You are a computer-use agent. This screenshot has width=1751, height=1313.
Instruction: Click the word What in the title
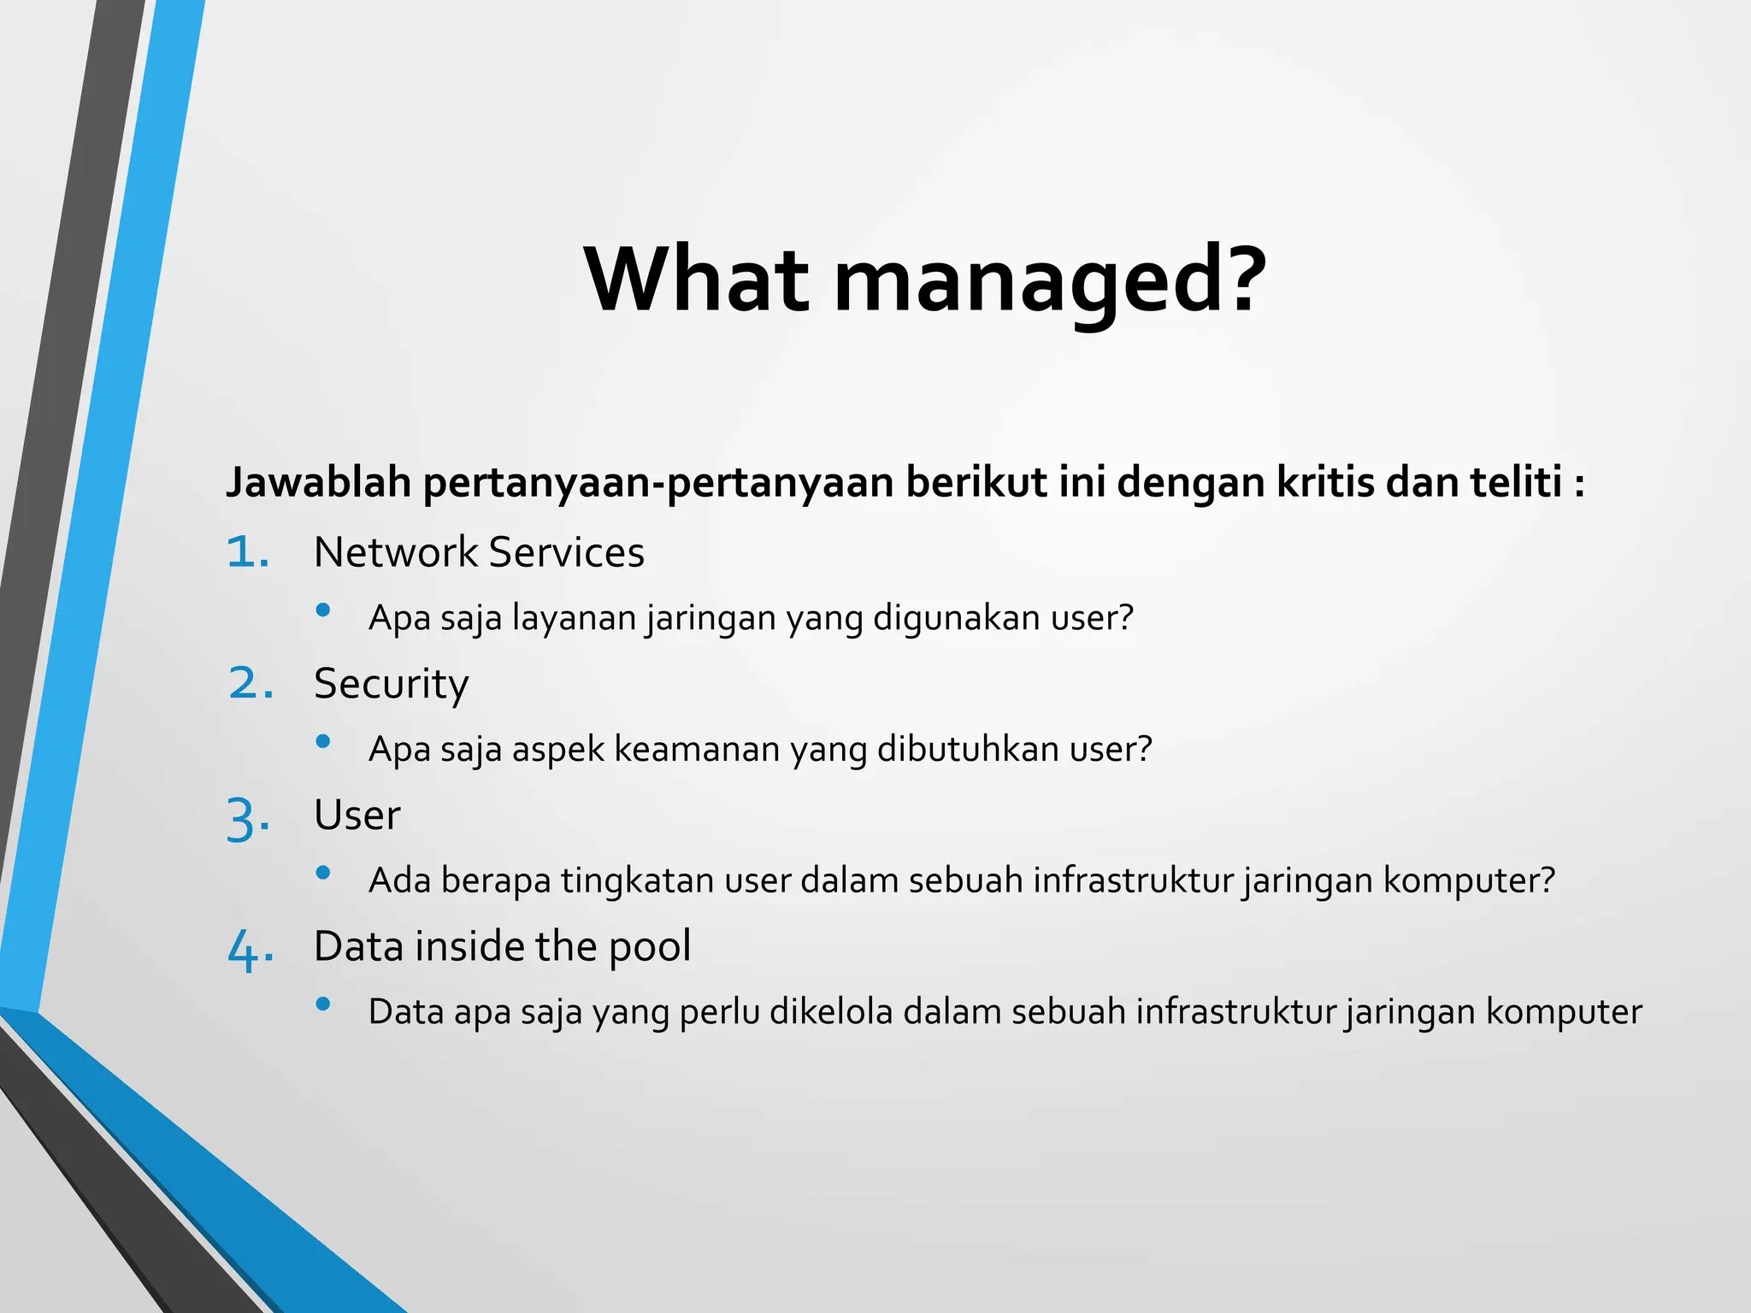pos(697,280)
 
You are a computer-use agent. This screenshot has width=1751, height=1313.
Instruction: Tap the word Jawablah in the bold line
pos(319,482)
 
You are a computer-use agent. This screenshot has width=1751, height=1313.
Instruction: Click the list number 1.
pos(249,553)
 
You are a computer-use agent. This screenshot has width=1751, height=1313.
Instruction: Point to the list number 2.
pos(251,684)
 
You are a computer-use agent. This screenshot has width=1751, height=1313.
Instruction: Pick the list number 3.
pos(249,818)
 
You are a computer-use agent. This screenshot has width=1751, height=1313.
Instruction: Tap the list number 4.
pos(251,950)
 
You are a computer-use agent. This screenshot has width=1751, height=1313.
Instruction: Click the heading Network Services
pos(479,553)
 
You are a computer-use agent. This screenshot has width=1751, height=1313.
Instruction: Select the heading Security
pos(392,684)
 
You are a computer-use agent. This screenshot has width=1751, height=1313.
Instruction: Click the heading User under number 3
pos(357,815)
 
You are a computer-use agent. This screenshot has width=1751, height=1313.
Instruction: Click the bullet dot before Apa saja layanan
pos(323,610)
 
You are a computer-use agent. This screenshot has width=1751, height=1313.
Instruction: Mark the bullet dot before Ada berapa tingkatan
pos(323,873)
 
